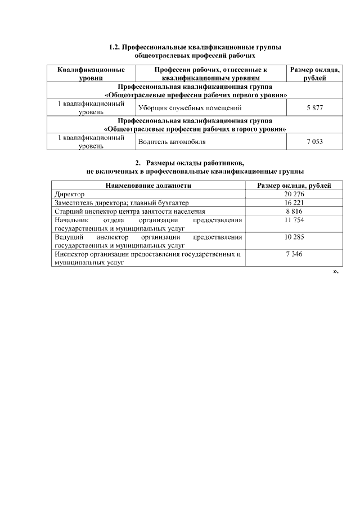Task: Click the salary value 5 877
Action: tap(314, 107)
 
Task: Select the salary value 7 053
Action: tap(314, 142)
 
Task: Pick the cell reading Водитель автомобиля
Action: tap(172, 142)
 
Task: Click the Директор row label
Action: tap(69, 194)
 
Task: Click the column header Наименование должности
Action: tap(148, 186)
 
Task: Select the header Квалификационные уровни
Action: tap(91, 74)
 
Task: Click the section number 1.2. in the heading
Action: tap(114, 47)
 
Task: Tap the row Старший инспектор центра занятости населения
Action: tap(125, 211)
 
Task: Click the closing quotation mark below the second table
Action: tap(336, 272)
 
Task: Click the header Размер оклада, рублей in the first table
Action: tap(314, 74)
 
